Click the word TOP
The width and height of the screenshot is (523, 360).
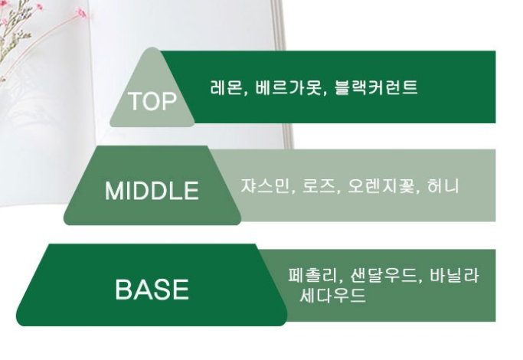click(152, 101)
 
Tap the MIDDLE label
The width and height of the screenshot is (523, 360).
click(152, 191)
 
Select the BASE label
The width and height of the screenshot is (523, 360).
click(152, 290)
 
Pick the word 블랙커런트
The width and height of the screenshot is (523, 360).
click(375, 87)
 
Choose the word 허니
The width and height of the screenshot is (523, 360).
click(443, 186)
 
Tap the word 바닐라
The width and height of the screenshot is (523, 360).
click(454, 276)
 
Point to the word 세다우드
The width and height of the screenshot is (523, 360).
click(332, 295)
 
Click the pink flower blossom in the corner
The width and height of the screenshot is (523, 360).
click(81, 13)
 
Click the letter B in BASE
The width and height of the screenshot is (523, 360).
click(123, 290)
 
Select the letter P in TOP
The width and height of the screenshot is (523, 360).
click(169, 101)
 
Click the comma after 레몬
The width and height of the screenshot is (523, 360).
click(245, 93)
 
